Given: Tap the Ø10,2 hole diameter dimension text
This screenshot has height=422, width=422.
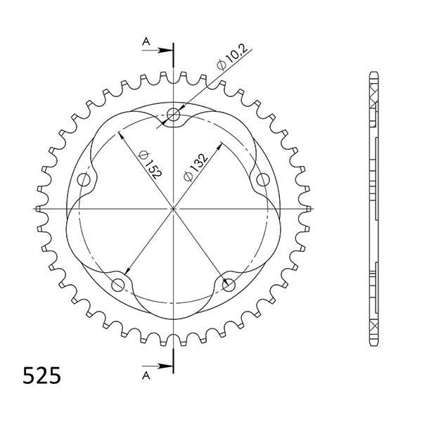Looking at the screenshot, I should (x=231, y=56).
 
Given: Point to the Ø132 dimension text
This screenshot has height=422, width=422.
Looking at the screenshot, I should (x=195, y=167).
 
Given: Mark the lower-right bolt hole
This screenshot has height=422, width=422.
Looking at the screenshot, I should (x=229, y=283).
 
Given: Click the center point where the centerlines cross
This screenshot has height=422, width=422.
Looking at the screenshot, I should (x=174, y=208).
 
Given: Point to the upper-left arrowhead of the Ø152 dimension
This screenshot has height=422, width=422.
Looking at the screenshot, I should (x=122, y=134).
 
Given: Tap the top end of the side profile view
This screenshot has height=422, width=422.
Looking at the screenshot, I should (x=372, y=72).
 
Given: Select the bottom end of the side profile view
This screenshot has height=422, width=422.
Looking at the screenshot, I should (x=372, y=345).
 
